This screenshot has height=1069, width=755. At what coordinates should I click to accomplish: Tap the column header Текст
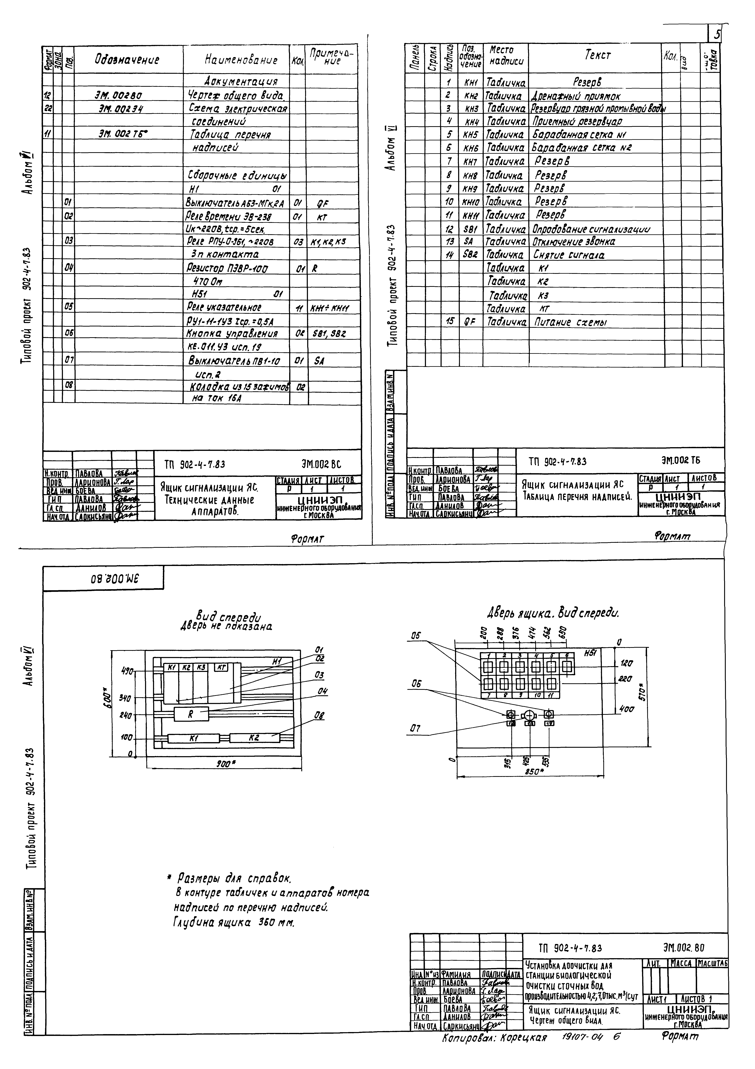[x=597, y=55]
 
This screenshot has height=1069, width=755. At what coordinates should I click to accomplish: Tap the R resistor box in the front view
[x=191, y=714]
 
